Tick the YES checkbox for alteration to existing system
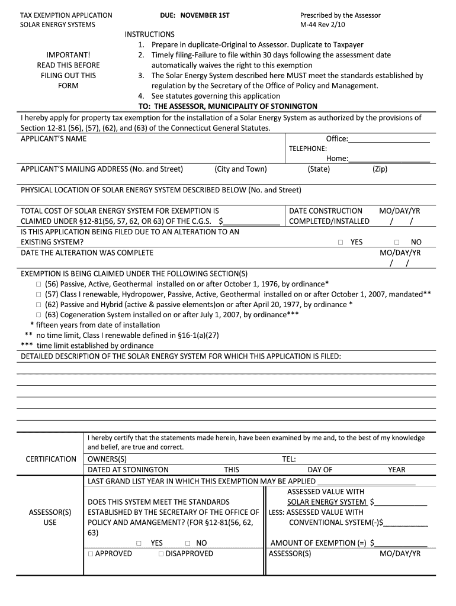click(341, 243)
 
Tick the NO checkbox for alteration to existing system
click(397, 243)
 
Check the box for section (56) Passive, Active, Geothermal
click(38, 284)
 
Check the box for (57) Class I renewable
click(38, 294)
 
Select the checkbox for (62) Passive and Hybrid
click(38, 305)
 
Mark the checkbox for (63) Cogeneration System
click(38, 315)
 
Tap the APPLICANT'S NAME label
click(53, 138)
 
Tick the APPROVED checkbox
click(91, 554)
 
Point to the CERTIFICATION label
click(51, 459)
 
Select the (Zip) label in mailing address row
click(380, 169)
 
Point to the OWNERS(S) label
click(107, 459)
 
